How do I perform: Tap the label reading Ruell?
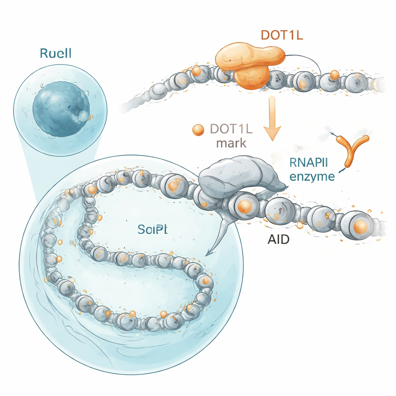click(x=55, y=54)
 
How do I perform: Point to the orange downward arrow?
click(x=272, y=120)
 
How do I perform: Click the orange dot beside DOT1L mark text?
click(x=198, y=130)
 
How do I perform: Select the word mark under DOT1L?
click(x=232, y=143)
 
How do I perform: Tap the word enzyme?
click(x=312, y=177)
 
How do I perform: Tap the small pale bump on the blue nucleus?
click(x=83, y=115)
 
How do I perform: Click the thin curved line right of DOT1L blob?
click(x=309, y=62)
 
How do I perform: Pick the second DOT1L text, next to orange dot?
click(x=231, y=129)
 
